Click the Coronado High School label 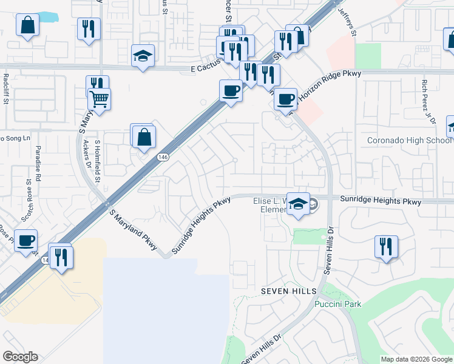[x=410, y=141]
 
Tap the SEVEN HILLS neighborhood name [x=281, y=291]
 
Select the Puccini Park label [x=338, y=304]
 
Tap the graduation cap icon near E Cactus [x=143, y=56]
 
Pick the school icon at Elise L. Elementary [x=297, y=204]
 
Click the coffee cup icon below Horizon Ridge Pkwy [x=285, y=98]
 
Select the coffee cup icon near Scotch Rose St [x=25, y=241]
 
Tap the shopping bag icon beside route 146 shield [x=144, y=137]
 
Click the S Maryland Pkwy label [x=133, y=231]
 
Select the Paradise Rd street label [x=37, y=163]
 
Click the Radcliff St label [x=5, y=89]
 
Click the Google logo [x=20, y=357]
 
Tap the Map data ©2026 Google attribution [x=416, y=359]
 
